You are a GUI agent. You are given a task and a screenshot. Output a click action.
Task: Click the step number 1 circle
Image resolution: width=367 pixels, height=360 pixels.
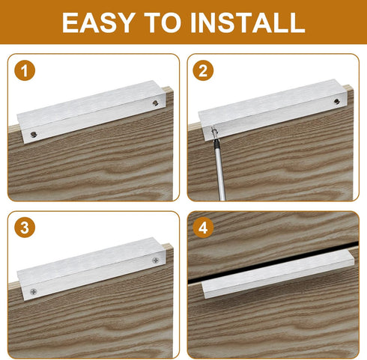tap(25, 70)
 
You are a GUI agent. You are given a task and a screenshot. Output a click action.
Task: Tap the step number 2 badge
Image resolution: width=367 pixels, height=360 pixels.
tap(203, 70)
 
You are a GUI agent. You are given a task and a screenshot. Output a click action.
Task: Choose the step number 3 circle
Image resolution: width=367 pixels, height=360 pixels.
tap(25, 228)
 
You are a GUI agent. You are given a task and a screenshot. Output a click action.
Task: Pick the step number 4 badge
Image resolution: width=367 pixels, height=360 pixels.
tap(203, 228)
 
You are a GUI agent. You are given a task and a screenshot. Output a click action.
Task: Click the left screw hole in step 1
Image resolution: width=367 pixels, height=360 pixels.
tap(34, 135)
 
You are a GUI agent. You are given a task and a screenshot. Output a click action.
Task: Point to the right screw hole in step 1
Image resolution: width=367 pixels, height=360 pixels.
tap(156, 103)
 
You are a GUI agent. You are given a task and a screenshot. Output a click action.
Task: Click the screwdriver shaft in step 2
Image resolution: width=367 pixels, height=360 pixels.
tap(219, 170)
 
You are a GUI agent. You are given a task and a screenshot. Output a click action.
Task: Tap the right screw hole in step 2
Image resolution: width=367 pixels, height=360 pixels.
tap(337, 101)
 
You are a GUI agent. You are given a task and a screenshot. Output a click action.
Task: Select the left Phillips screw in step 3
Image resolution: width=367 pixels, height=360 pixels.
tap(33, 291)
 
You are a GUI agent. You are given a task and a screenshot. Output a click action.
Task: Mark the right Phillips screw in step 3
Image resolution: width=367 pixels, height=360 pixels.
tap(155, 260)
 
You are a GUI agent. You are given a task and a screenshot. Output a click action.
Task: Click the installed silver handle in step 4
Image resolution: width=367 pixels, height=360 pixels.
tap(278, 274)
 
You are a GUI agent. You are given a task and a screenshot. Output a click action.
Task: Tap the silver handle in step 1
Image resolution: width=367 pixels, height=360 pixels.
tap(91, 112)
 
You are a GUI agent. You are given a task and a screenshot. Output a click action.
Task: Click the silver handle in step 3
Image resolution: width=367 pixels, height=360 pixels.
tap(91, 269)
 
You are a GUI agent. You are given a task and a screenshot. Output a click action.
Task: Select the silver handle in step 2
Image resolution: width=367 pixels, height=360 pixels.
tap(273, 110)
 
